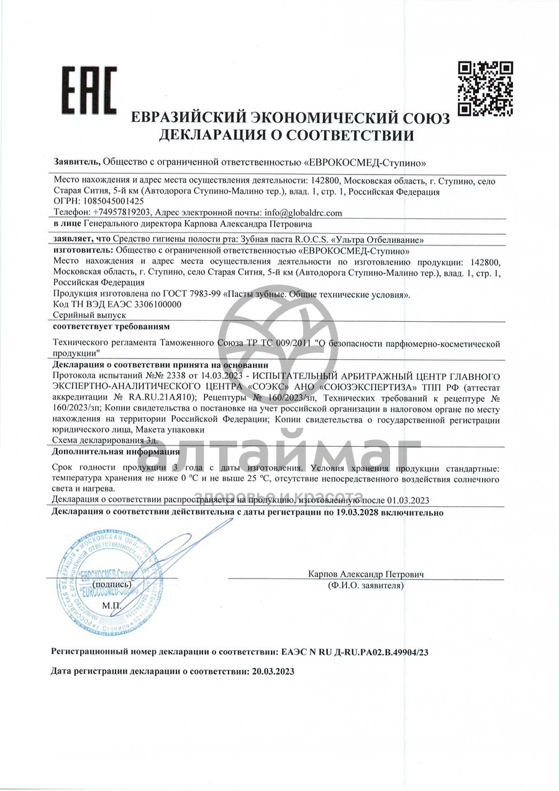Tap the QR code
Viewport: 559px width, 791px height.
click(x=485, y=88)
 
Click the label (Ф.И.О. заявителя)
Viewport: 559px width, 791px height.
click(x=365, y=585)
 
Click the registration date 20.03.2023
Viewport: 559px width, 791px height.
click(x=271, y=671)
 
